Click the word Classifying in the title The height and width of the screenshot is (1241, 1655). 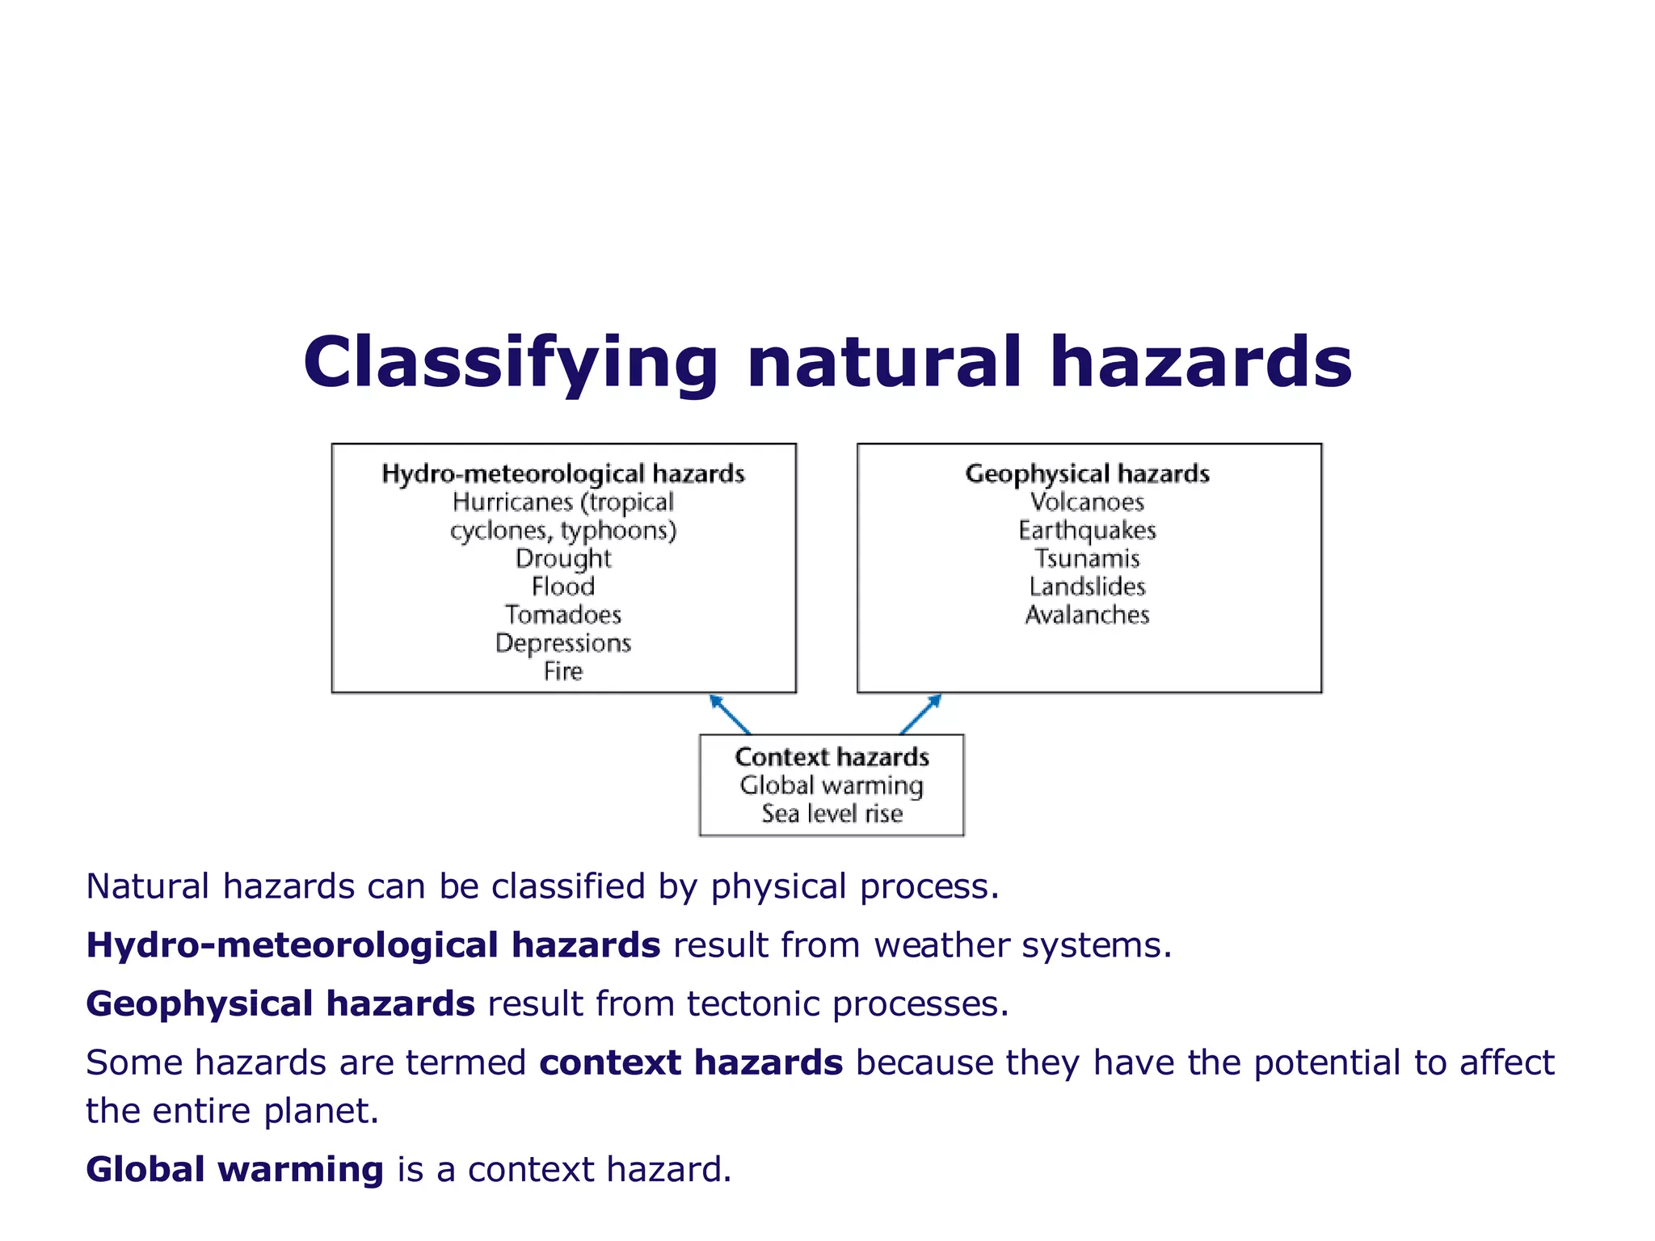click(509, 364)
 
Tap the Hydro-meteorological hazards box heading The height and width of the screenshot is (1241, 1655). click(562, 473)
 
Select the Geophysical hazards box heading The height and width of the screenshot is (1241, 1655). click(1087, 473)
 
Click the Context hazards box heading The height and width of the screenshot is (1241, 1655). click(832, 757)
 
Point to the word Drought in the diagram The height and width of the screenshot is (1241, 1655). click(563, 558)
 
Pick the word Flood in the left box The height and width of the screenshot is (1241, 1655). click(563, 587)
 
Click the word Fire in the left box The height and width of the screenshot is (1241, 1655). click(563, 671)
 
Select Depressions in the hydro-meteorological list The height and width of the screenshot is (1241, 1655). click(563, 643)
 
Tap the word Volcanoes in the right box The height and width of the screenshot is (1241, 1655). click(1087, 502)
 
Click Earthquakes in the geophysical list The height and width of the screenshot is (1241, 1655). click(1087, 530)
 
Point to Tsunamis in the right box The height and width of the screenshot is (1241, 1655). click(1087, 558)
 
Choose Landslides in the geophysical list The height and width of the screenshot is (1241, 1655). click(1087, 587)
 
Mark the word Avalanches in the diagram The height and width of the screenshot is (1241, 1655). click(1087, 615)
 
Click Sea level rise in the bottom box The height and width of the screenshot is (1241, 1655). click(832, 814)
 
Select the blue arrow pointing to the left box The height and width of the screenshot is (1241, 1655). click(729, 713)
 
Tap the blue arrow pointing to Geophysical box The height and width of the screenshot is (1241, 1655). click(921, 713)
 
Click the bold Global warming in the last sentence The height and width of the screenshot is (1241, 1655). click(234, 1170)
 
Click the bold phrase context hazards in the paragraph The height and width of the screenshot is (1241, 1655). click(691, 1063)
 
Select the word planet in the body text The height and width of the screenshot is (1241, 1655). click(321, 1112)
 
